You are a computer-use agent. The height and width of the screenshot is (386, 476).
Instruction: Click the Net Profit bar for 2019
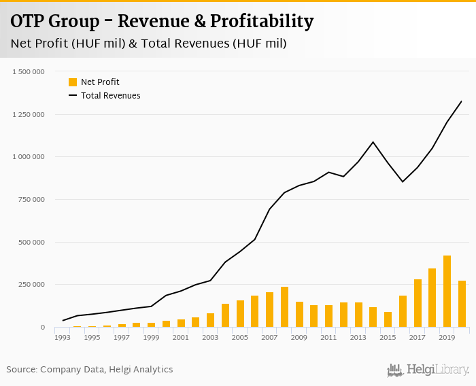tap(447, 292)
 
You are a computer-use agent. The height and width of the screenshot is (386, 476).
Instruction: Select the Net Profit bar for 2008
tap(284, 307)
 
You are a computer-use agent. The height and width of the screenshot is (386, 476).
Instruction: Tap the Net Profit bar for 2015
tap(388, 319)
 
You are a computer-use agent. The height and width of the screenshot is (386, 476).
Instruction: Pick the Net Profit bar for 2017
tap(418, 303)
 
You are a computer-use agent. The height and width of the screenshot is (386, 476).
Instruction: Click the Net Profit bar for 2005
tap(240, 314)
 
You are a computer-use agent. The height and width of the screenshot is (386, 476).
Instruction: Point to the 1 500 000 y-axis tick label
tap(29, 71)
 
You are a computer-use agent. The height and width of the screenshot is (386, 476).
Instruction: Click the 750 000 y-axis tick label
tap(32, 199)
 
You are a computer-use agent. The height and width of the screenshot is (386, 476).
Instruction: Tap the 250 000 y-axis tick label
tap(32, 285)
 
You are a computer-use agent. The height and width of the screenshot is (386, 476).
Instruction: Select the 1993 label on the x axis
tap(63, 337)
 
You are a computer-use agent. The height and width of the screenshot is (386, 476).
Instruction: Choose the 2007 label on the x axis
tap(269, 337)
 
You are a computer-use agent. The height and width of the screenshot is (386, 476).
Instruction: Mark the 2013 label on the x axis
tap(358, 337)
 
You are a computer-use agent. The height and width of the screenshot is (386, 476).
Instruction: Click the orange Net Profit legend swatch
tap(73, 82)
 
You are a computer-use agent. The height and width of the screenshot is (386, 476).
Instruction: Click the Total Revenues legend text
tap(110, 96)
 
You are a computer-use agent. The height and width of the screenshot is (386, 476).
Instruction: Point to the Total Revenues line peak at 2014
tap(373, 142)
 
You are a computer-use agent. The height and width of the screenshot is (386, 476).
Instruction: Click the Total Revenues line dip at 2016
tap(403, 181)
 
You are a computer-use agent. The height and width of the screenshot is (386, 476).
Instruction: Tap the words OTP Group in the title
tap(54, 22)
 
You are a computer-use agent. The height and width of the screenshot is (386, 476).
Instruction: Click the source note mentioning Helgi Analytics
tap(90, 370)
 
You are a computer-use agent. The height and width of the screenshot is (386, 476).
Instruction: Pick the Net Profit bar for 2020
tap(462, 304)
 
